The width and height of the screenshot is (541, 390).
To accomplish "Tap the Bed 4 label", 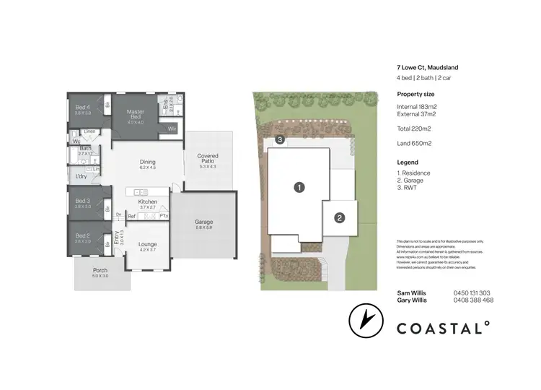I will tap(83, 108).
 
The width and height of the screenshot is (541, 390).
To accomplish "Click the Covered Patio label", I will tap(208, 158).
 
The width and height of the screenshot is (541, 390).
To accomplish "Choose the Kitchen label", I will tap(148, 202).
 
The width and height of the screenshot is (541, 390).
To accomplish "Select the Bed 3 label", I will tap(83, 201).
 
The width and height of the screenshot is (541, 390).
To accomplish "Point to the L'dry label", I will tap(82, 176).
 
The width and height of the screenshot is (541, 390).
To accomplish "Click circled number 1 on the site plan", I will tap(299, 187).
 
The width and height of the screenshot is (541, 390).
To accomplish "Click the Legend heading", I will tap(408, 162).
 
